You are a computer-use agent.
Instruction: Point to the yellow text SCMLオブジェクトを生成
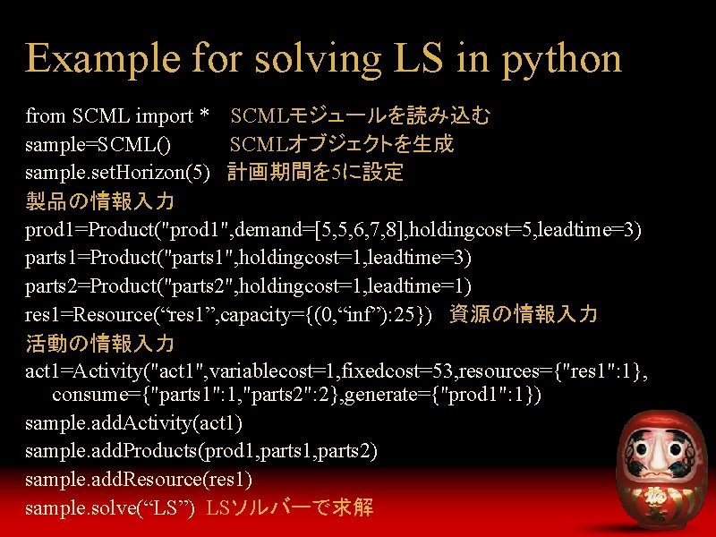click(x=341, y=144)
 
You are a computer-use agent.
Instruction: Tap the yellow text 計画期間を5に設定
click(x=315, y=172)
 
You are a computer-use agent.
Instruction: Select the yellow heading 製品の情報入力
click(x=99, y=200)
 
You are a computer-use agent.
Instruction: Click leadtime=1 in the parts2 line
click(x=423, y=286)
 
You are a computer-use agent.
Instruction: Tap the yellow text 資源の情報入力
click(x=523, y=314)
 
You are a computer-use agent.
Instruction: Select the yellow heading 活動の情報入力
click(x=99, y=343)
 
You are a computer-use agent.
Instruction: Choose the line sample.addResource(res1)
click(x=139, y=479)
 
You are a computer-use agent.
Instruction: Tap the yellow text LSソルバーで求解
click(x=289, y=507)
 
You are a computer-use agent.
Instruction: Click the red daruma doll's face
click(x=655, y=443)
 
